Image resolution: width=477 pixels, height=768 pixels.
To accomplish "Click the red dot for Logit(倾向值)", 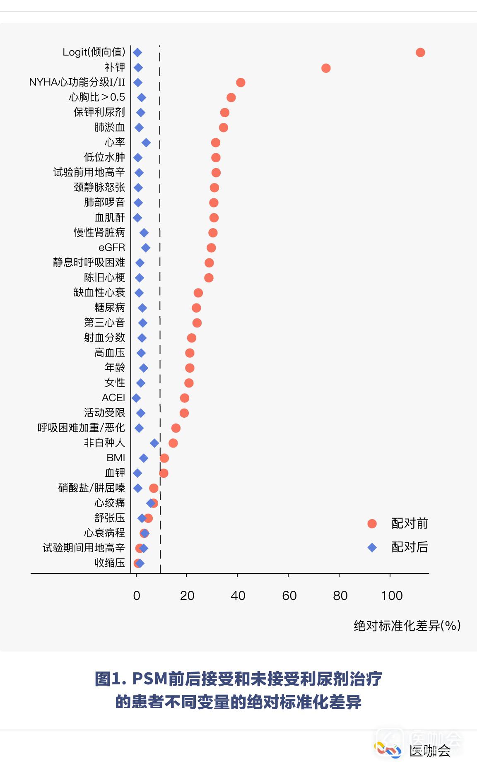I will pyautogui.click(x=420, y=53).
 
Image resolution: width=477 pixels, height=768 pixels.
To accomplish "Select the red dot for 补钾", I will pyautogui.click(x=326, y=68).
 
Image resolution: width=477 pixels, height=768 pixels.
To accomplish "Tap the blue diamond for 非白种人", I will pyautogui.click(x=154, y=443).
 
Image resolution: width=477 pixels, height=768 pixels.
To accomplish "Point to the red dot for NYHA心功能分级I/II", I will pyautogui.click(x=241, y=82).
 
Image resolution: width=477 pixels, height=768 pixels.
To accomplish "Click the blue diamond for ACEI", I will pyautogui.click(x=136, y=398).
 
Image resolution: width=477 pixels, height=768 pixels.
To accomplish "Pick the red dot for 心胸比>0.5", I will pyautogui.click(x=231, y=98).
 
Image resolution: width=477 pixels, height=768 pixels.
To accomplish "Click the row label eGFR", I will pyautogui.click(x=112, y=248).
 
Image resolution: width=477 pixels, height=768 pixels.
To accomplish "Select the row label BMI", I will pyautogui.click(x=116, y=458).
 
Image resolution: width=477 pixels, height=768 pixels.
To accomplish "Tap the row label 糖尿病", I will pyautogui.click(x=109, y=308).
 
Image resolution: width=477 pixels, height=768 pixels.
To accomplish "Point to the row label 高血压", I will pyautogui.click(x=109, y=353).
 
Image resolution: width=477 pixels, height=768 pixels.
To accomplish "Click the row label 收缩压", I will pyautogui.click(x=109, y=563).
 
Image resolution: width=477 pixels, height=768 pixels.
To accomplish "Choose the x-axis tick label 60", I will pyautogui.click(x=289, y=596).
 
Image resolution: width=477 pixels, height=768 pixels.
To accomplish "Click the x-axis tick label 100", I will pyautogui.click(x=391, y=596).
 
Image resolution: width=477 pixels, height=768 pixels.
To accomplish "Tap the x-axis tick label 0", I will pyautogui.click(x=136, y=596).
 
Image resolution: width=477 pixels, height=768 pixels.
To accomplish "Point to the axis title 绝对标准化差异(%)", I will pyautogui.click(x=407, y=625).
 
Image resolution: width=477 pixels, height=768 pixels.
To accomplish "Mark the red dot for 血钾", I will pyautogui.click(x=164, y=473).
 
